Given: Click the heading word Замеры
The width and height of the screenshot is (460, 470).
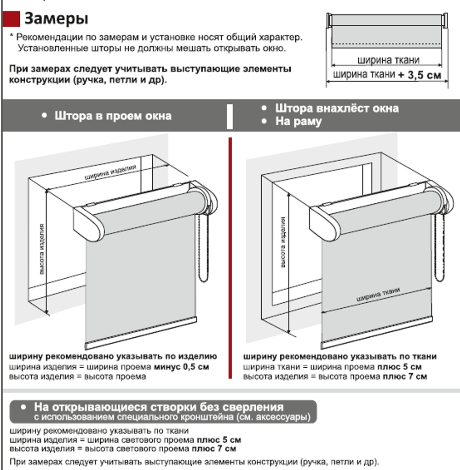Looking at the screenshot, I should tap(56, 19).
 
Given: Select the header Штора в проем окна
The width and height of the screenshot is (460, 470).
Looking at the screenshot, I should tap(113, 116).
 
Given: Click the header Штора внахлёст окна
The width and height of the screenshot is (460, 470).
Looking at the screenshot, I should tap(337, 109).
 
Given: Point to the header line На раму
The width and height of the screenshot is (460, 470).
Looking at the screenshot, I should tap(299, 122).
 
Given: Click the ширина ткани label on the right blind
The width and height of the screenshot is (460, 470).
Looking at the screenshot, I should tap(377, 294).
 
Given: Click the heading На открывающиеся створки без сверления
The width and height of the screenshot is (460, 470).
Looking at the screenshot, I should tap(158, 407).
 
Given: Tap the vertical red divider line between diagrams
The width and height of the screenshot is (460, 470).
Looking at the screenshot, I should tap(229, 258).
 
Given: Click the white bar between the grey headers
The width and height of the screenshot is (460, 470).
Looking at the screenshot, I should tap(230, 116).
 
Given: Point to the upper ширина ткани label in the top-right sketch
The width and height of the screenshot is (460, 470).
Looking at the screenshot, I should tap(388, 60).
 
